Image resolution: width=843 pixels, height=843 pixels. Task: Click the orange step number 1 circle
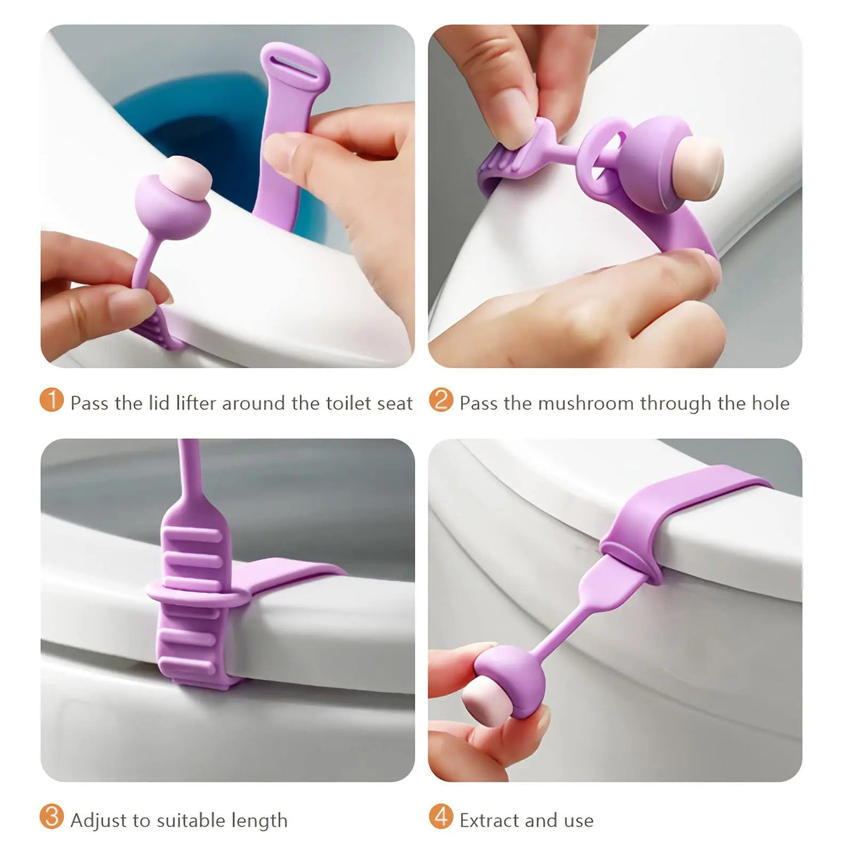pos(52,401)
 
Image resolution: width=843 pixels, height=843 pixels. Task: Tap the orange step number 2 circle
pos(441,401)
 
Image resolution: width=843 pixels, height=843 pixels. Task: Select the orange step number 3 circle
pos(52,818)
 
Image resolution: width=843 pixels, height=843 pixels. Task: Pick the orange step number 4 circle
pos(441,818)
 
